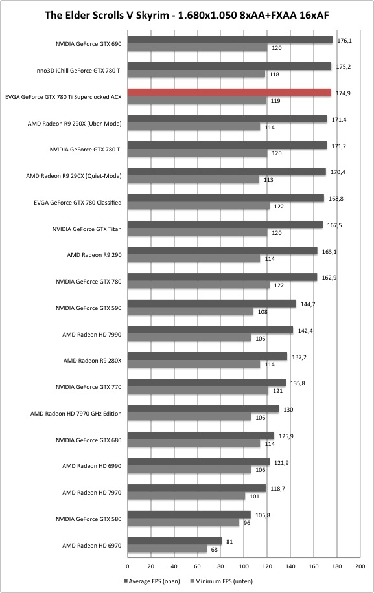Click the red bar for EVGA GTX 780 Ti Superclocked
click(229, 93)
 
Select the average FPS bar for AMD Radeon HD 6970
click(174, 541)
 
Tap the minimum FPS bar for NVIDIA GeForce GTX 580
click(183, 522)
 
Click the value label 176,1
click(344, 41)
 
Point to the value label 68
click(215, 550)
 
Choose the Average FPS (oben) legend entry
click(152, 581)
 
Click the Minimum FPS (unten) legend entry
click(222, 581)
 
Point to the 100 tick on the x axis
click(244, 566)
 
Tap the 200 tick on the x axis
click(360, 566)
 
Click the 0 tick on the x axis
click(128, 566)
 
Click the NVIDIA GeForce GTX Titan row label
click(87, 229)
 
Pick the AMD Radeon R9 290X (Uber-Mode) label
click(75, 124)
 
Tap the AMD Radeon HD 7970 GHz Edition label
click(76, 414)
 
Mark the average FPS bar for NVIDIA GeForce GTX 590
click(211, 304)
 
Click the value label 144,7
click(308, 304)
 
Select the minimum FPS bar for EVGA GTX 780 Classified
click(198, 206)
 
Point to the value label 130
click(288, 410)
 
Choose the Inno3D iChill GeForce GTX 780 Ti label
click(78, 71)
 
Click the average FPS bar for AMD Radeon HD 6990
click(198, 462)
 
